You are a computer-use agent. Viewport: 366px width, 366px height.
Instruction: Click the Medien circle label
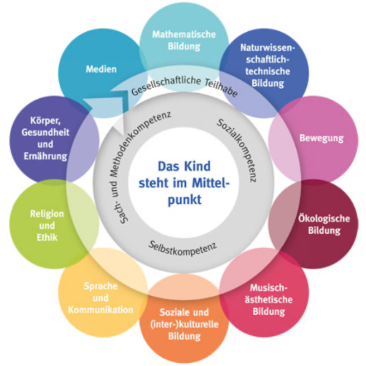pos(101,70)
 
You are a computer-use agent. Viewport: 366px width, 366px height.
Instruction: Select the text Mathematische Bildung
pos(184,40)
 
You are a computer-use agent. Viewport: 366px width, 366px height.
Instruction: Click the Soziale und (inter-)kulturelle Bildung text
pos(184,325)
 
